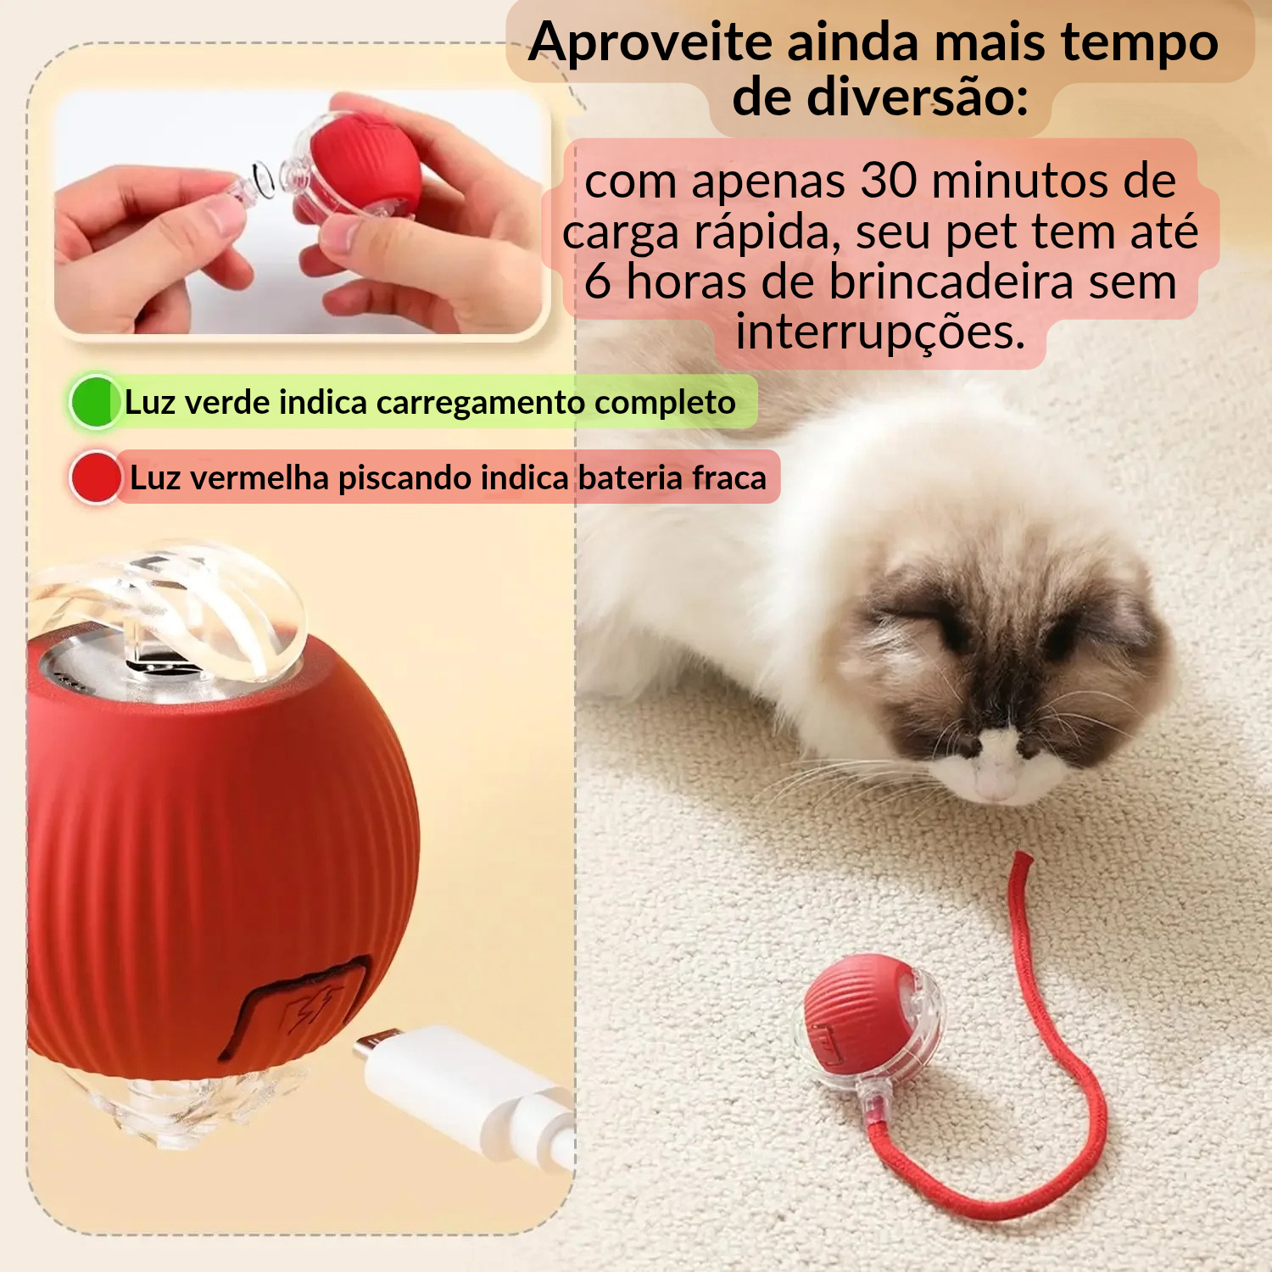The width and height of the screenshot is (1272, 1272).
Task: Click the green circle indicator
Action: [94, 402]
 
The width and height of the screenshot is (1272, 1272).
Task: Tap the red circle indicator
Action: [95, 477]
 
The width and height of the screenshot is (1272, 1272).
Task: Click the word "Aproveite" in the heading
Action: [650, 42]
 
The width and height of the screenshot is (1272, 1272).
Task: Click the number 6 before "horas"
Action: [598, 282]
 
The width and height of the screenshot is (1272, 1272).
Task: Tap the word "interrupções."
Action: [880, 332]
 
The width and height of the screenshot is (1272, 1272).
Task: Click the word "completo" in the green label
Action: [665, 403]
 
